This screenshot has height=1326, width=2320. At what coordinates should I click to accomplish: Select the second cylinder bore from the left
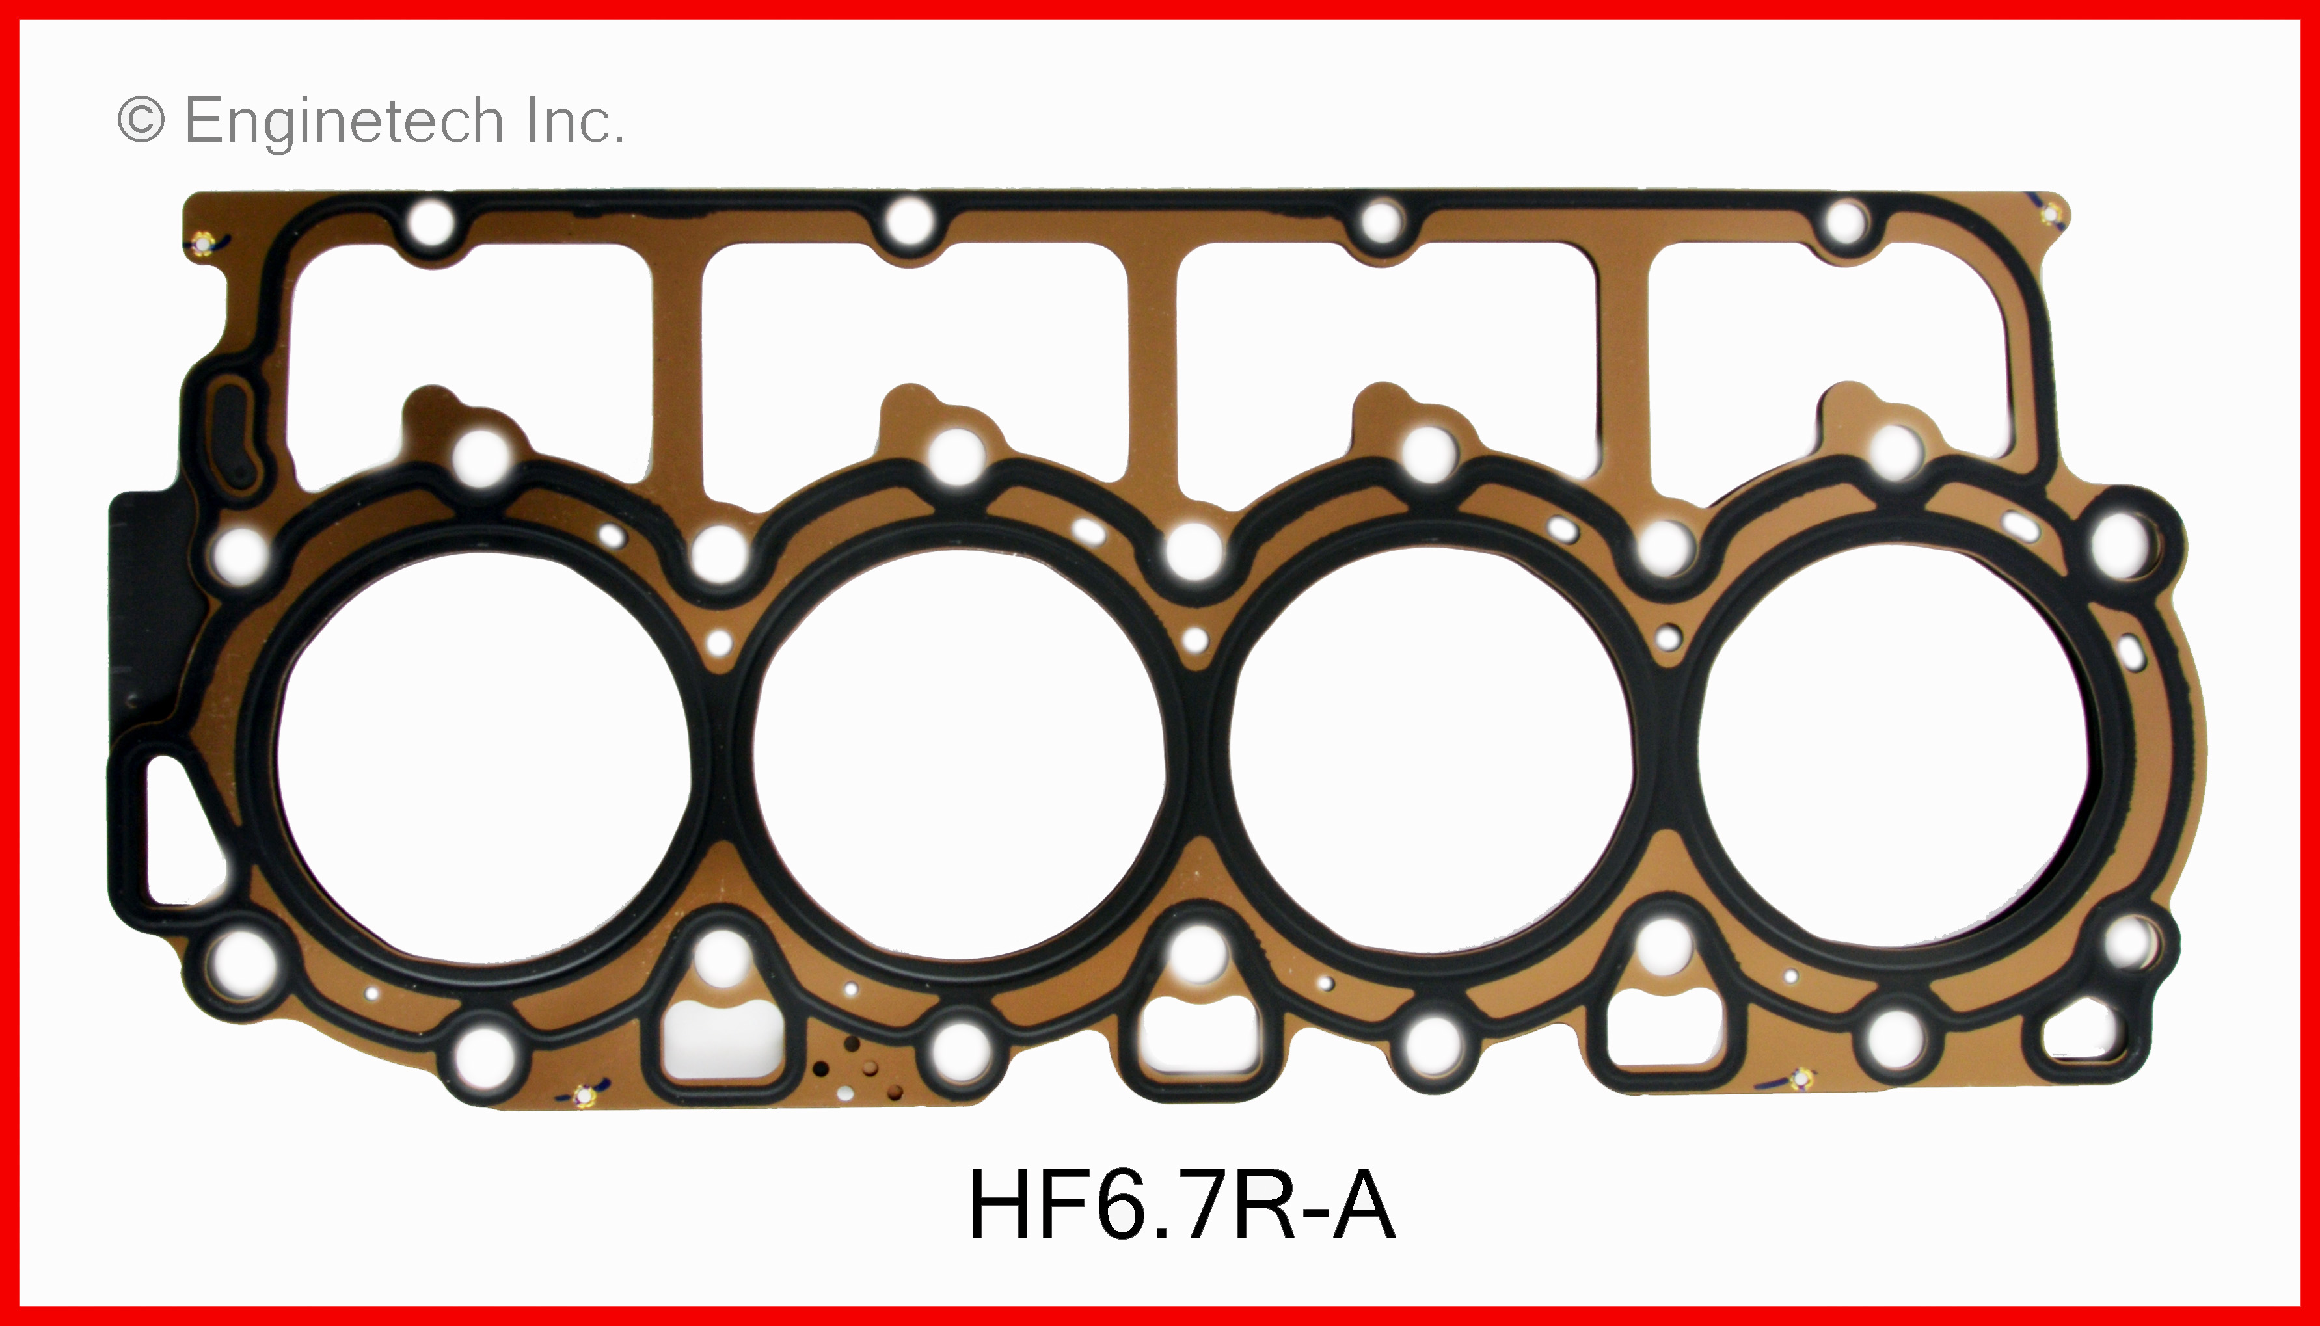pos(959,756)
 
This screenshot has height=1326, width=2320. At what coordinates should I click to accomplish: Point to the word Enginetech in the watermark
pos(344,120)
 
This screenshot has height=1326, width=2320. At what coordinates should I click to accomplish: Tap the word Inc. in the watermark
pos(576,120)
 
